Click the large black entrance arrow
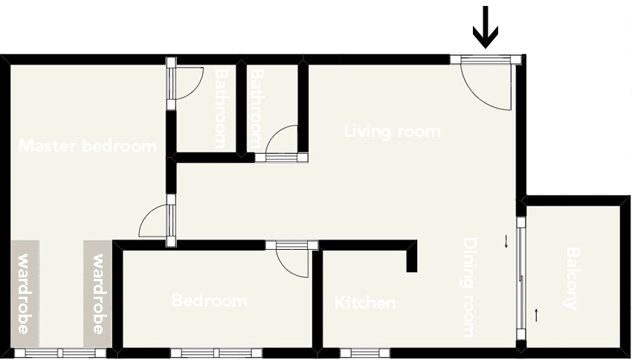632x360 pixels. [x=486, y=27]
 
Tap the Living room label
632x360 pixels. [x=392, y=132]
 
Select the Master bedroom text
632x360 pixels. [x=88, y=146]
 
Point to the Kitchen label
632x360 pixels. [x=365, y=303]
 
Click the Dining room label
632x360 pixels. [x=468, y=287]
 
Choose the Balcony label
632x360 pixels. [x=573, y=278]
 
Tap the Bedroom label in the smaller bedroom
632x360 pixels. [x=210, y=300]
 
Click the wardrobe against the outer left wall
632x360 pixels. [x=25, y=294]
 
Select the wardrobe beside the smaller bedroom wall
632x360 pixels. [x=97, y=294]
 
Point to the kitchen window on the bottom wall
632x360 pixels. [x=365, y=353]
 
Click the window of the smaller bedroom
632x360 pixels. [x=216, y=353]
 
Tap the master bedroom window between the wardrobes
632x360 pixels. [x=60, y=353]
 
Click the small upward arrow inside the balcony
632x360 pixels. [x=536, y=315]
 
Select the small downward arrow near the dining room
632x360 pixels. [x=506, y=242]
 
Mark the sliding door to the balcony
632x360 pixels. [x=521, y=277]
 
